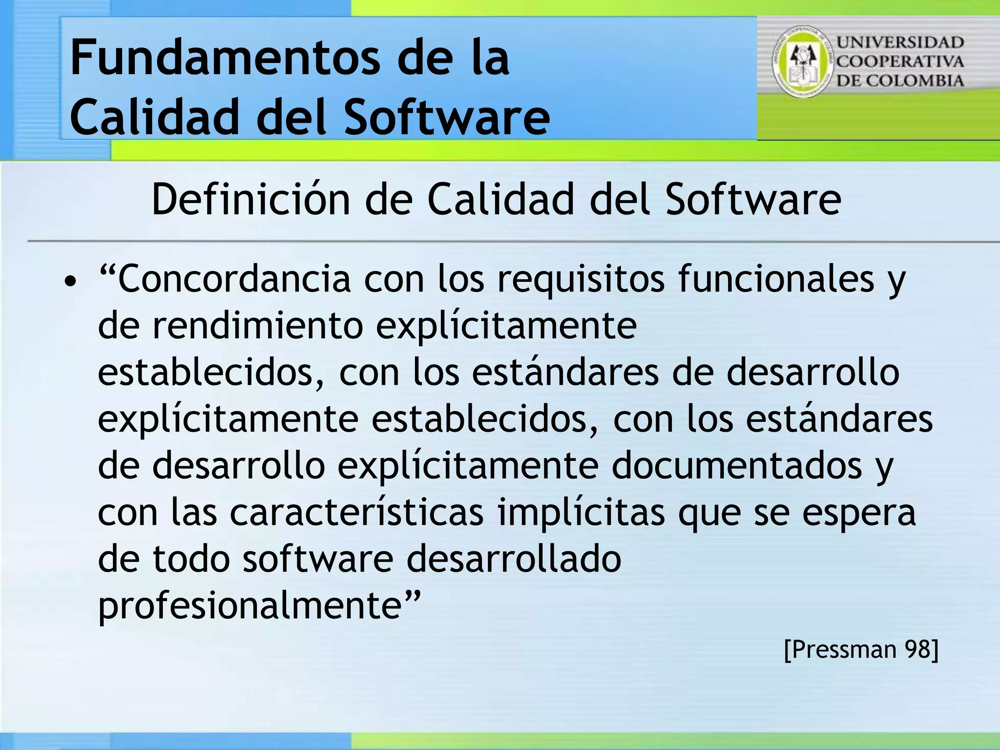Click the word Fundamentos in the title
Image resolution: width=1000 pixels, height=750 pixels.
click(225, 59)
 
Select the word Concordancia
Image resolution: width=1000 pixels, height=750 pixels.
click(234, 279)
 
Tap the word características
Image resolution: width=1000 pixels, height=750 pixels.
click(356, 512)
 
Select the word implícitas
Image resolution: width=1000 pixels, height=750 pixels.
click(581, 513)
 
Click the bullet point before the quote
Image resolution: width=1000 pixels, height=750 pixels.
click(71, 282)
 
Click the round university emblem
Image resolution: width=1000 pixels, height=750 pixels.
click(803, 61)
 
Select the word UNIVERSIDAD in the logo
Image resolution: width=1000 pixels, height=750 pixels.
click(900, 42)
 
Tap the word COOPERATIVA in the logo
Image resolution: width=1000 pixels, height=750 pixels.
click(900, 62)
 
